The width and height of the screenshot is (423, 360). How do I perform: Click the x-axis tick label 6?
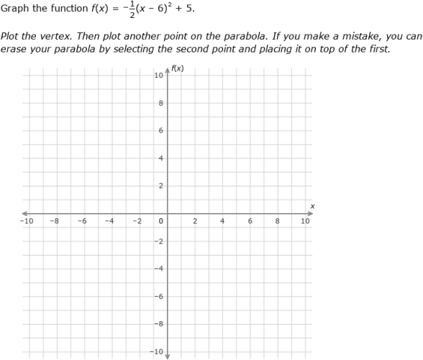[x=250, y=221]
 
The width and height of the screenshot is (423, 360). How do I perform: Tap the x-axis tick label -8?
[x=54, y=221]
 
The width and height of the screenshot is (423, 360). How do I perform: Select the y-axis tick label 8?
[x=160, y=103]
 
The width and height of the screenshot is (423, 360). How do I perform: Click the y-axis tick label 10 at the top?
[x=158, y=76]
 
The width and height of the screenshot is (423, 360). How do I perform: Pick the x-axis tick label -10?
[x=26, y=221]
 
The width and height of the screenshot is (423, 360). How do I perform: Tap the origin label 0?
[x=160, y=221]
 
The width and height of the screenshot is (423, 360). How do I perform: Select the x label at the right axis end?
[x=312, y=206]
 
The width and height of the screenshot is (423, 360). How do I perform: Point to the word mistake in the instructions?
[x=349, y=35]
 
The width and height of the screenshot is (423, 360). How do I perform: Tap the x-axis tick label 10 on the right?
[x=305, y=221]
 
